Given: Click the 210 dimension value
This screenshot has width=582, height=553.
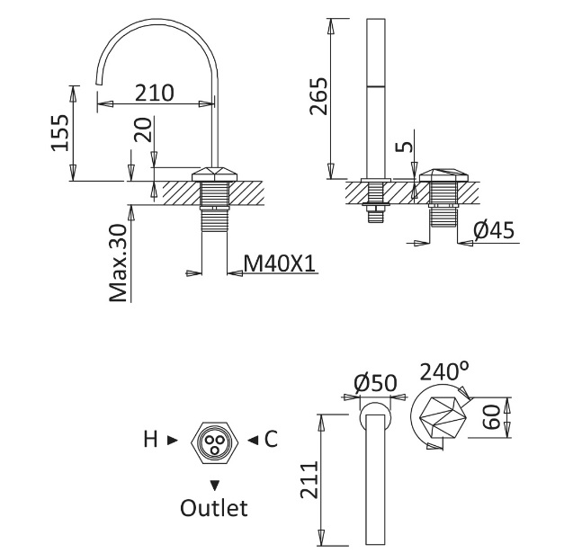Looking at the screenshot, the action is coord(154,93).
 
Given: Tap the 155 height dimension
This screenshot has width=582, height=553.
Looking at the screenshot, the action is coord(59,132).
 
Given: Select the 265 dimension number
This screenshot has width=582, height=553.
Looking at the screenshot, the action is coord(319,95).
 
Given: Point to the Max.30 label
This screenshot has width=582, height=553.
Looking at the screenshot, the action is coord(119,263).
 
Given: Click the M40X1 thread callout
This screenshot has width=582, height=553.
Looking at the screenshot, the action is coord(280,263).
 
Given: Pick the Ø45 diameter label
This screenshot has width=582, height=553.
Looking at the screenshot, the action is coord(494,230).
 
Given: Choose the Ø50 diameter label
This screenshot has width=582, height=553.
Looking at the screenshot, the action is coord(376,383).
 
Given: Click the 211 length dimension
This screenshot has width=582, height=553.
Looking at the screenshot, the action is coord(309,480).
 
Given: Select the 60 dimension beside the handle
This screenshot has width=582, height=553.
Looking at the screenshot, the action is coord(493,417).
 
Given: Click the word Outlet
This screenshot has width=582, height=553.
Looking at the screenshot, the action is coord(214,508).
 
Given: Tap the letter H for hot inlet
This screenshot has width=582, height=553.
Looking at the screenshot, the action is coord(151,440).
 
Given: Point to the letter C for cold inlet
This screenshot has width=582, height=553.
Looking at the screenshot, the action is coord(271,439).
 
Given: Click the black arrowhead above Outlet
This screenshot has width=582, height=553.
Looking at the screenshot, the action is coord(214,485).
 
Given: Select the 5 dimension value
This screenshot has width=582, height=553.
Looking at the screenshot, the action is coord(405,146).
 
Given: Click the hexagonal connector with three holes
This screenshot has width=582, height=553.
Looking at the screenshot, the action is coord(214,442).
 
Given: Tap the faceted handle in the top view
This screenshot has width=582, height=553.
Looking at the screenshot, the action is coord(442,417).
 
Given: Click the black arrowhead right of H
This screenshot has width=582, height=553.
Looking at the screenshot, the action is coord(173,441).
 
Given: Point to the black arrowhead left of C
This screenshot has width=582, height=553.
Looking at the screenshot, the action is coord(253,441).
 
